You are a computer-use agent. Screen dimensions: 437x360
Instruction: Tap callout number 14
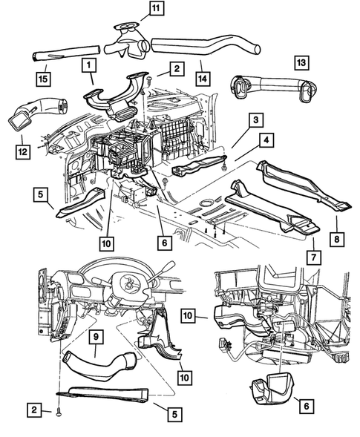point(201,76)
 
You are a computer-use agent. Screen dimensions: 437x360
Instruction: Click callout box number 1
point(88,66)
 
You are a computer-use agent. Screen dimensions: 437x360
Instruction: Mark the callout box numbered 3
point(255,119)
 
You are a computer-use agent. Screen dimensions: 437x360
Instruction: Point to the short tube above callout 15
point(52,56)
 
